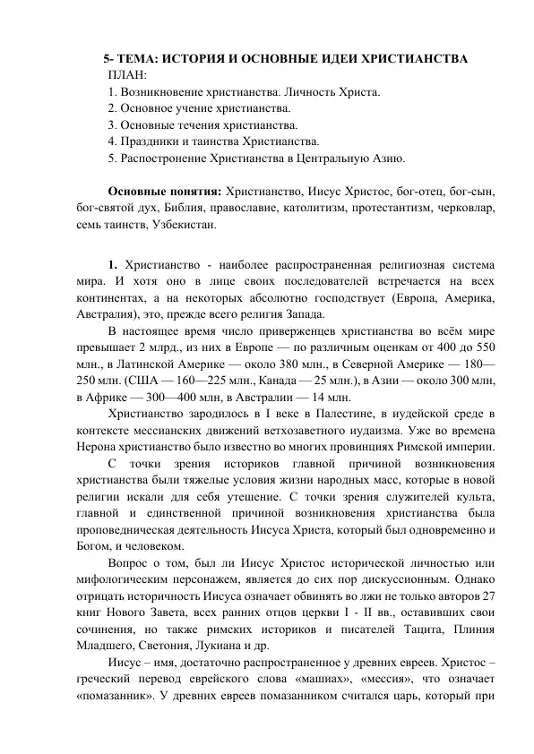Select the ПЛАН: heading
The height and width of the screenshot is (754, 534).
128,75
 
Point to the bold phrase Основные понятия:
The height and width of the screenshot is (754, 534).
165,193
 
